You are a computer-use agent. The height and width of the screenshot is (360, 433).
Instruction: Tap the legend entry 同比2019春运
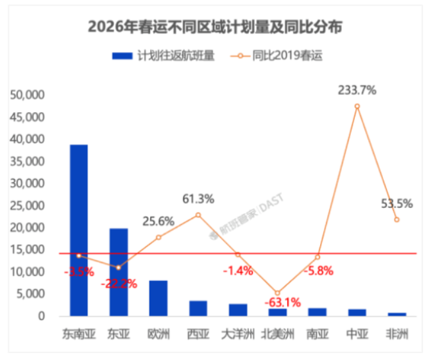point(287,55)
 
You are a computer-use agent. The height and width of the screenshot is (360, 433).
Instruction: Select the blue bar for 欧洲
point(158,298)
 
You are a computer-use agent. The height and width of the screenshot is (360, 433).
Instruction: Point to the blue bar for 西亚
point(198,308)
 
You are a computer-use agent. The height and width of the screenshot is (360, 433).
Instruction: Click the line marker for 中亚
point(357,107)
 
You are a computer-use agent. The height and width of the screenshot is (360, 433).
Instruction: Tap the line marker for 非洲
point(396,219)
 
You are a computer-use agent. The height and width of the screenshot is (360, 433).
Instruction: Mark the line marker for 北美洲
point(277,293)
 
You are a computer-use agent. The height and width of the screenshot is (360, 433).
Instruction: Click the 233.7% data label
point(357,90)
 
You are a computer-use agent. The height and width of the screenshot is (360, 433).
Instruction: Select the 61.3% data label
point(198,200)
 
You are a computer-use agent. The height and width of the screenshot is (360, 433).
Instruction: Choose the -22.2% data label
point(119,283)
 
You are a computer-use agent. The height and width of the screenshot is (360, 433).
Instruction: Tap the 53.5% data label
point(396,204)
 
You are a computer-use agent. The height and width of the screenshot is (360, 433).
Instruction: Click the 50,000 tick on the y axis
point(27,95)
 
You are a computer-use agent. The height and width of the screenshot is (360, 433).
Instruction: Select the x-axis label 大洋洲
point(237,334)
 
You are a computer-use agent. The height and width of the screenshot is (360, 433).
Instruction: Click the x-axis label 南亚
point(317,334)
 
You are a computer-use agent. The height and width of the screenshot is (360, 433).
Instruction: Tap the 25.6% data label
point(158,221)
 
